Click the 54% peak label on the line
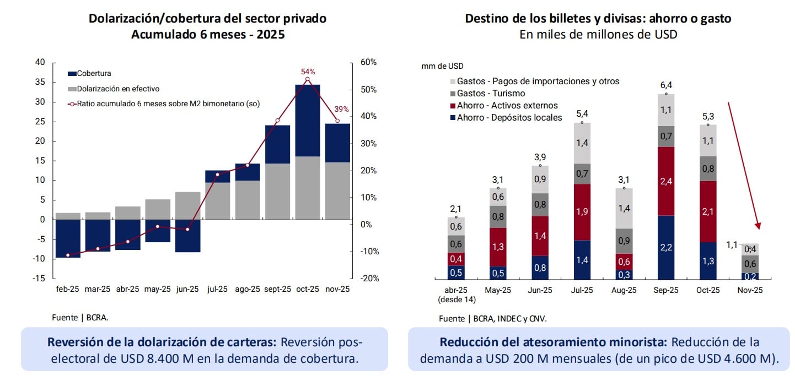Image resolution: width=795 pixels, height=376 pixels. click(308, 72)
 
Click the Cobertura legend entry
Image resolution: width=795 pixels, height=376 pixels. click(94, 73)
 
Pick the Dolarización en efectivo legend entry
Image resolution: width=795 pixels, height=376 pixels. click(118, 88)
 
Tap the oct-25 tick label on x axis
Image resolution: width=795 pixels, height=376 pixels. click(308, 289)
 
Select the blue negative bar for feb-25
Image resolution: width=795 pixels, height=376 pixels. click(68, 238)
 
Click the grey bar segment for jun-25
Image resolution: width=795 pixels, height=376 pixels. click(187, 205)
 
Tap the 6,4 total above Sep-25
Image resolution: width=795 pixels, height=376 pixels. click(665, 85)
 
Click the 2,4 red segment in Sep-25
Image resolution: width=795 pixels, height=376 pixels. click(665, 181)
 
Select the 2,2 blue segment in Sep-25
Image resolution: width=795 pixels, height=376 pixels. click(665, 247)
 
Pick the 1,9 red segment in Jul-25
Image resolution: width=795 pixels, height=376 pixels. click(582, 212)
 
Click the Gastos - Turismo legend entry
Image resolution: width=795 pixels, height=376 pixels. click(491, 94)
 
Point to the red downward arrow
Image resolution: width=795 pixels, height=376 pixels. click(744, 165)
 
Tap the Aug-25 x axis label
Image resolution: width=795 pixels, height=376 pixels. click(624, 290)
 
